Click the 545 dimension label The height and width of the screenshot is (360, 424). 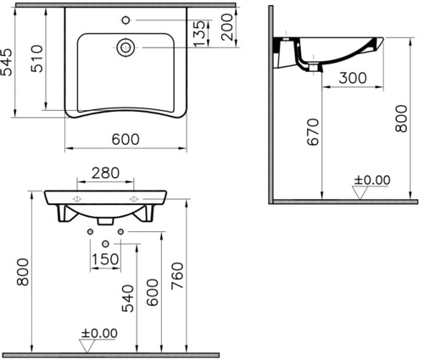click(7, 62)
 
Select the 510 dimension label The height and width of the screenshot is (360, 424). click(37, 58)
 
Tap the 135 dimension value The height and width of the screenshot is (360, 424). click(199, 33)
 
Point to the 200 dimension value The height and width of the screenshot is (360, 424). click(227, 27)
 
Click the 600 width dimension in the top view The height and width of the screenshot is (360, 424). click(126, 139)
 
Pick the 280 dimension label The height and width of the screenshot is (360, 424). click(105, 173)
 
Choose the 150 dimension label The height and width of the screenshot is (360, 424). click(105, 259)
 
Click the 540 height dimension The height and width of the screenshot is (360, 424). click(128, 298)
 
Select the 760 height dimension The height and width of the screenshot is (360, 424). click(177, 276)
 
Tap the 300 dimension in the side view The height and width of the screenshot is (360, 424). click(353, 78)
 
